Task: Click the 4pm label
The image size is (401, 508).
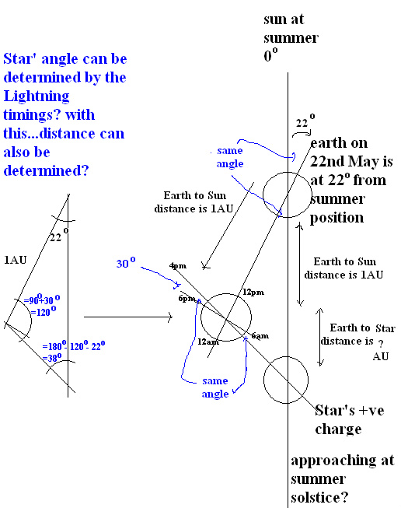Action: (x=178, y=266)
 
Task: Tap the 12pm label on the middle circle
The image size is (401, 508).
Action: (x=253, y=293)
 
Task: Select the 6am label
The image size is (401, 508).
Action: (x=260, y=336)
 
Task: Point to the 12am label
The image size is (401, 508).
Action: (x=208, y=342)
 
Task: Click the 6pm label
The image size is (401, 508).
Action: (x=187, y=299)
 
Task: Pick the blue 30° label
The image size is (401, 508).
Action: (x=126, y=263)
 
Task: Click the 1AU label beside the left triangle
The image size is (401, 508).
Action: (x=16, y=260)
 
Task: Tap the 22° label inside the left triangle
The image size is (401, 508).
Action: (x=59, y=235)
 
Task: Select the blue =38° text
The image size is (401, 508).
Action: (x=52, y=358)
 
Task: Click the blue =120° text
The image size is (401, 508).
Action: (x=43, y=312)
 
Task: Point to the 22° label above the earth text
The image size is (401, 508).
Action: (x=305, y=121)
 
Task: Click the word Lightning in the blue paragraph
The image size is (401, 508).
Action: (x=37, y=96)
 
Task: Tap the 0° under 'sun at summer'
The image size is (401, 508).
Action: (x=270, y=54)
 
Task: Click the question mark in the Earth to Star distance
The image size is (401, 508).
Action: (x=381, y=343)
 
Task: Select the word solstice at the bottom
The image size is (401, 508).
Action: (x=319, y=497)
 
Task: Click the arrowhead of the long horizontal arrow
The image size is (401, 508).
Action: (x=172, y=317)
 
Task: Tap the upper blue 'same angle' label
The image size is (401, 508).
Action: (x=230, y=157)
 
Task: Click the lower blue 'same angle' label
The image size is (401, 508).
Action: (x=215, y=387)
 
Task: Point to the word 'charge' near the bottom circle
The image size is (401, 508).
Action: (x=338, y=429)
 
